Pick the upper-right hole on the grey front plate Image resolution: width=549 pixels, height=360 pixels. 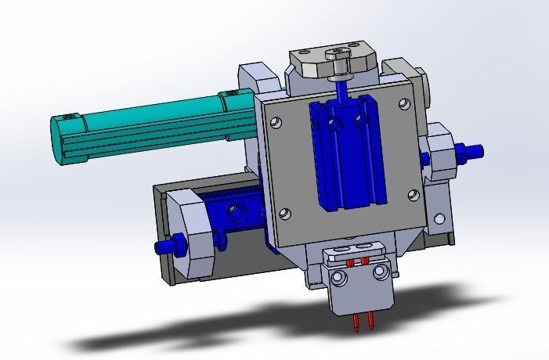403,103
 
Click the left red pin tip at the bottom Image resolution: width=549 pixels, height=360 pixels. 357,322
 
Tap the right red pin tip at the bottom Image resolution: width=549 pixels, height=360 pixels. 368,320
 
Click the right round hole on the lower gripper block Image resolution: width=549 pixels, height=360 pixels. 381,271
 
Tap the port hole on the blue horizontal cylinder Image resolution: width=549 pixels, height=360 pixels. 233,211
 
